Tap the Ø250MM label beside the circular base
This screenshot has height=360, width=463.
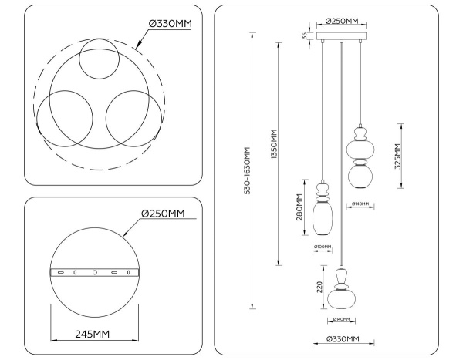coord(162,214)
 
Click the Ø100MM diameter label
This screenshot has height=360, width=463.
coord(323,247)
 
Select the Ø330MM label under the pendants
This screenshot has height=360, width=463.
coord(343,338)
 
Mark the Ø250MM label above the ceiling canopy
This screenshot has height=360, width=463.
coord(340,22)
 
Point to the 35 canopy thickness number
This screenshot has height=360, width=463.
coord(305,35)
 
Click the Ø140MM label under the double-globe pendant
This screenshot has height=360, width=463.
coord(360,204)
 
